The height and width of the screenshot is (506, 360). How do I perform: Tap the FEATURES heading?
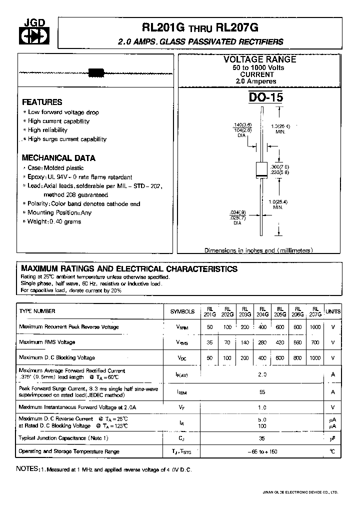tap(42, 101)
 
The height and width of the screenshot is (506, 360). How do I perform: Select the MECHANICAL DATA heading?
tap(58, 158)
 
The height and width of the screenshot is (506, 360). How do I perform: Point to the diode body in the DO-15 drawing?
tap(261, 169)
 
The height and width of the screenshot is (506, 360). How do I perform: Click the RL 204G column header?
tap(262, 311)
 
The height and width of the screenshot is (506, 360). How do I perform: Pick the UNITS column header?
tap(333, 311)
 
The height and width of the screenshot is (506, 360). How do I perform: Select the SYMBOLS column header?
tap(182, 311)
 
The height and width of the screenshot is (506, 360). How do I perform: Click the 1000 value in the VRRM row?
tap(315, 327)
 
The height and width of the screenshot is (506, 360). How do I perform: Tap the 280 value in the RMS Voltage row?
tap(262, 342)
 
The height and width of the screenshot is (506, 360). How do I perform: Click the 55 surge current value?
tap(262, 393)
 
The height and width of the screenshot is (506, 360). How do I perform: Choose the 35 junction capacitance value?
tap(262, 438)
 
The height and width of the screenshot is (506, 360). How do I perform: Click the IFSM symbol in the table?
tap(182, 393)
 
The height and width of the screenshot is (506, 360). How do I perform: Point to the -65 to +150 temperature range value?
tap(262, 451)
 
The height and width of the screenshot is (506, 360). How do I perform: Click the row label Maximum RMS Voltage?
tap(47, 342)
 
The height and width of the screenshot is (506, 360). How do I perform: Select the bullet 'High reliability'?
tap(47, 130)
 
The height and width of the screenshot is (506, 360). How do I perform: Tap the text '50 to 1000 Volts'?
tap(258, 67)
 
